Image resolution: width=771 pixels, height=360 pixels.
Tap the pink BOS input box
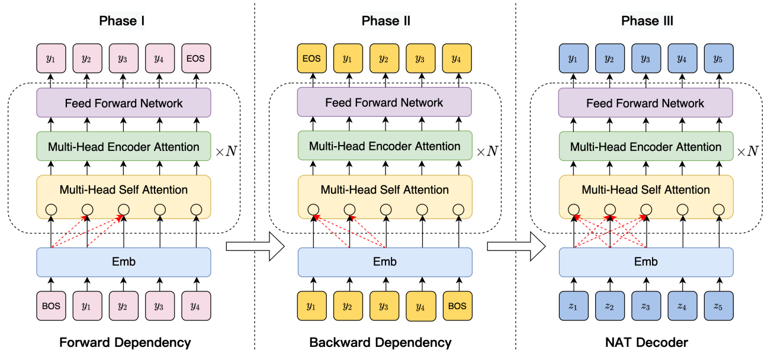coord(52,306)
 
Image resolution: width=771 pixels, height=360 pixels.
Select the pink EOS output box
coord(197,59)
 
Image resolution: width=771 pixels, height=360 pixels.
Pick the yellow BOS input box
coord(457,307)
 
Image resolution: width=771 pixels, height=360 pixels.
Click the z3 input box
coord(646,307)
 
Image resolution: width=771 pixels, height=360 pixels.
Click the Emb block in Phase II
coord(385,262)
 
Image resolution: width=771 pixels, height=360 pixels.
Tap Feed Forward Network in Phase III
coord(645,103)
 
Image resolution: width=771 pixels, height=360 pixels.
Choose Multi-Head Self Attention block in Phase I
coord(124,190)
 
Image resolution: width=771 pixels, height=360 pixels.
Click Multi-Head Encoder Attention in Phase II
coord(385,146)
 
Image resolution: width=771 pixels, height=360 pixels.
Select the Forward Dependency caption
coord(124,342)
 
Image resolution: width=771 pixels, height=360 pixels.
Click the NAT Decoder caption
coord(647,342)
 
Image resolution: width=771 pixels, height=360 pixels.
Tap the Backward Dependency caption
coord(380,342)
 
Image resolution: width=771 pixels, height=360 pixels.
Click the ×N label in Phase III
coord(747,151)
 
